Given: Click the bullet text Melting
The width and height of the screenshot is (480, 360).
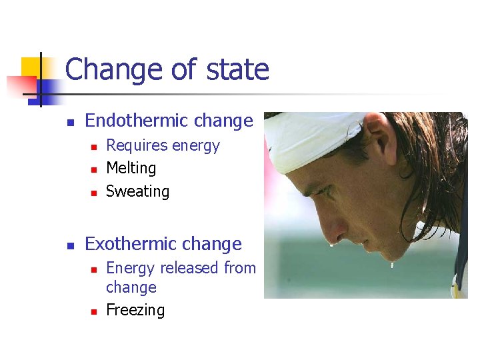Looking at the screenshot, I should pos(131,168).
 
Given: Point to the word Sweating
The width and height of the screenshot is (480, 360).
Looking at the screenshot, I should pos(137,191).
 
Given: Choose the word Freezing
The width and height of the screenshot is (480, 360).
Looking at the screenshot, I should pos(135,310).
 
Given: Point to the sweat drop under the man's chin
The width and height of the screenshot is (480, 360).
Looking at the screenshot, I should pos(391,265).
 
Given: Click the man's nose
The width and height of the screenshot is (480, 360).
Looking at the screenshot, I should pos(331,227).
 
